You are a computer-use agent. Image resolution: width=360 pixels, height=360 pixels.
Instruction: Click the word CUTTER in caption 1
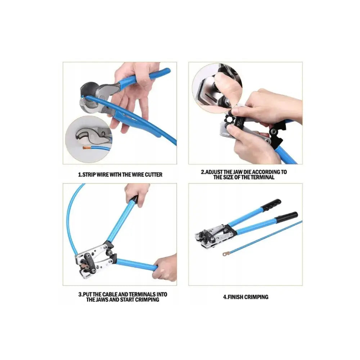(154, 175)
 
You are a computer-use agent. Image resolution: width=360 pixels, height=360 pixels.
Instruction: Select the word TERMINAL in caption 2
(262, 177)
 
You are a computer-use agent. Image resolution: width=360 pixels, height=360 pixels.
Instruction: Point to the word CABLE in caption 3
(110, 294)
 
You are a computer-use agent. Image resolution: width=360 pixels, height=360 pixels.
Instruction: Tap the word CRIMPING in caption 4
(256, 297)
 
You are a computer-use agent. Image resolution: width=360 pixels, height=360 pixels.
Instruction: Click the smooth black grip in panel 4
(287, 217)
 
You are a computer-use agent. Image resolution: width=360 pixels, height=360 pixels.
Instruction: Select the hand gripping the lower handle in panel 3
(165, 268)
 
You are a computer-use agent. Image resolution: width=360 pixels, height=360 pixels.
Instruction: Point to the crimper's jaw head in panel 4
(215, 237)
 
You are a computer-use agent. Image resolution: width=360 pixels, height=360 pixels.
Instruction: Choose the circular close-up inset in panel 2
(217, 89)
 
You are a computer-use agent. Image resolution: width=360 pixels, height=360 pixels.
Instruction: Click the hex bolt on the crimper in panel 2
(274, 132)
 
